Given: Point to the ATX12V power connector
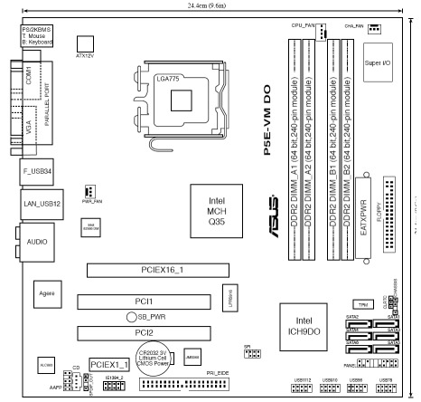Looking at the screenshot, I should (86, 46).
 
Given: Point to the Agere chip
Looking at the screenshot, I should (41, 296).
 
